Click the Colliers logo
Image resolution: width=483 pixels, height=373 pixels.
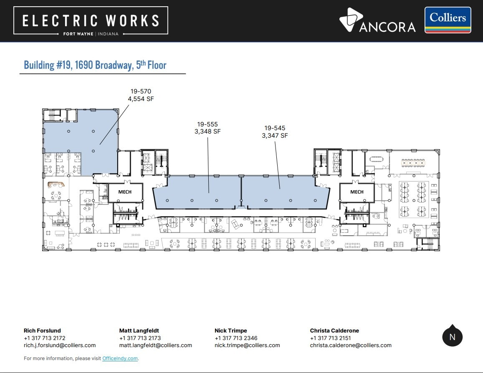pos(448,20)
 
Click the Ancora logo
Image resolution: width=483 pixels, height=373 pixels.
pos(377,20)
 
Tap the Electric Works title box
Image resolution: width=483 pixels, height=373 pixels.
pos(91,20)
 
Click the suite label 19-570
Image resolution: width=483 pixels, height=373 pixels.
pos(141,91)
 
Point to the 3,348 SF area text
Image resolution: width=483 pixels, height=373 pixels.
pos(207,131)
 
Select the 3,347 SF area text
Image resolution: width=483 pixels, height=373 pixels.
pos(275,136)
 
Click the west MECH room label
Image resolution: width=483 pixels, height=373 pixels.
pos(125,192)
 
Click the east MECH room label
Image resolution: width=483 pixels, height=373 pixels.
pos(357,192)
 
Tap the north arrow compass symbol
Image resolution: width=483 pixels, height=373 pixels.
pos(452,336)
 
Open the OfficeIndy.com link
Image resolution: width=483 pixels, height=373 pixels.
pos(120,358)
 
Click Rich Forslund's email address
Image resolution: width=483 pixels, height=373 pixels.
pos(60,345)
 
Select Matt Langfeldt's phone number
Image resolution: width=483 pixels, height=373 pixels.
pos(140,338)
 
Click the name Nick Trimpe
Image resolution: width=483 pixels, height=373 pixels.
pos(231,330)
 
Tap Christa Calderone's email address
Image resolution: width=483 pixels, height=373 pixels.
pos(351,345)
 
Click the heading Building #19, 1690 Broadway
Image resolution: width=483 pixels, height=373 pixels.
pos(78,65)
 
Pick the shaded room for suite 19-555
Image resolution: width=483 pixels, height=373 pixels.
pos(197,192)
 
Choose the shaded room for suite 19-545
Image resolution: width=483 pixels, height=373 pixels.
pos(285,192)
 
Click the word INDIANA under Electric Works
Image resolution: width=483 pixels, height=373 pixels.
pos(108,34)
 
